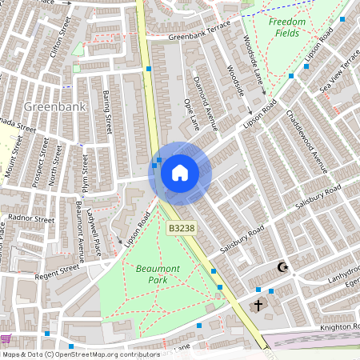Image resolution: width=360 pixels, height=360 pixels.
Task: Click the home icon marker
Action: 180,171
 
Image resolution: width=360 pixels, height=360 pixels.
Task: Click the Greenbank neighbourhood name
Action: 50,106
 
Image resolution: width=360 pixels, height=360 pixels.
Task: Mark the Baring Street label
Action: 106,113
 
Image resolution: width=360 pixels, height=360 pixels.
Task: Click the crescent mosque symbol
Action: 281,267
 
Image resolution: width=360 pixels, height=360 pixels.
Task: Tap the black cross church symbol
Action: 258,305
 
